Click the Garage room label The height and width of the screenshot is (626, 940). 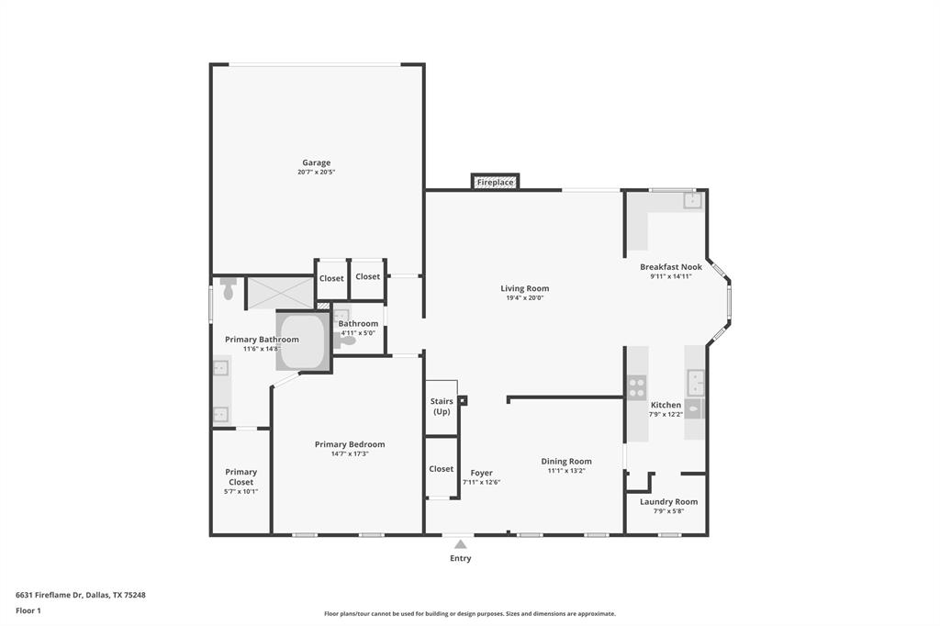317,162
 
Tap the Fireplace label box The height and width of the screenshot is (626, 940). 495,183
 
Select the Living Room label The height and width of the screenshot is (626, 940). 524,288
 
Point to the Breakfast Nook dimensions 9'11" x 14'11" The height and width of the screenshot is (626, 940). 670,276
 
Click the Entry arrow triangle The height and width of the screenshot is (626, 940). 460,544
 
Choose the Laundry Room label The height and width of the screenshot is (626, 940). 668,502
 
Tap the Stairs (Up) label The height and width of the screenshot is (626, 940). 442,407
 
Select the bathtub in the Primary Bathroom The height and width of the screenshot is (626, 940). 303,341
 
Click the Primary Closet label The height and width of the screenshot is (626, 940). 241,476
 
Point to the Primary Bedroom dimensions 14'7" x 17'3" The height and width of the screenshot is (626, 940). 350,453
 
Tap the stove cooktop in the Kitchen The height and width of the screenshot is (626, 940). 637,387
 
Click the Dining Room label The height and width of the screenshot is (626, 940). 566,462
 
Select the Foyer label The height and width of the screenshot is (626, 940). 481,473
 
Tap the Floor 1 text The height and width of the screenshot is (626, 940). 28,610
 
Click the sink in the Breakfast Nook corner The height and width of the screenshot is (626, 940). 691,200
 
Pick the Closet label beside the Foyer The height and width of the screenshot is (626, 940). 442,469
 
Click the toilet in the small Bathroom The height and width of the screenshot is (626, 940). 344,340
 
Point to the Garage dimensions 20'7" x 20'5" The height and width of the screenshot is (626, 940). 317,173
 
